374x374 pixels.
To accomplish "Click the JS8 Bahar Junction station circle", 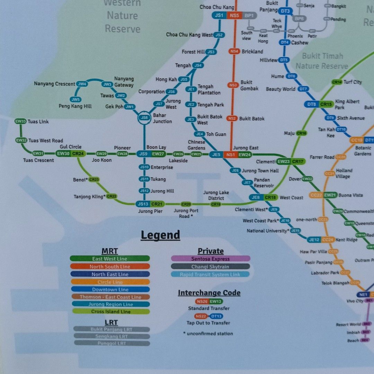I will point(144,118).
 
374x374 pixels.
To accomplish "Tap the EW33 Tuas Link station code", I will point(20,122).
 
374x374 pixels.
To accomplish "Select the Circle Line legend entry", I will point(110,282).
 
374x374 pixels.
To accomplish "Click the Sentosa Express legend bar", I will point(210,259).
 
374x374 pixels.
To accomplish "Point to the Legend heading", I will point(160,235).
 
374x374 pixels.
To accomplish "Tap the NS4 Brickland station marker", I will point(234,51).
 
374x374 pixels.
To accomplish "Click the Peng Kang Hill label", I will point(75,106).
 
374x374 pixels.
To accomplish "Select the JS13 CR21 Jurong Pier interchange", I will point(150,204).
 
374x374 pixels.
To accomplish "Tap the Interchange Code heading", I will point(209,293).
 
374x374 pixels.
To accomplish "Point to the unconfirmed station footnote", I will point(208,333).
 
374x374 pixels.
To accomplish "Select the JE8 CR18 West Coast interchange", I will point(263,197).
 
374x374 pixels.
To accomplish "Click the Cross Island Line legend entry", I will point(110,312).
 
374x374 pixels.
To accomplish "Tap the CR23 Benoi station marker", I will point(94,179).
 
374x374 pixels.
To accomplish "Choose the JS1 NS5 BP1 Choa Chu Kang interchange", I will point(234,15).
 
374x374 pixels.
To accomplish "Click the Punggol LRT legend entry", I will point(112,343).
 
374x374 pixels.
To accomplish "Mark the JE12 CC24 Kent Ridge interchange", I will point(321,240).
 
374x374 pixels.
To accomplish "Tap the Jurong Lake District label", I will point(216,195).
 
